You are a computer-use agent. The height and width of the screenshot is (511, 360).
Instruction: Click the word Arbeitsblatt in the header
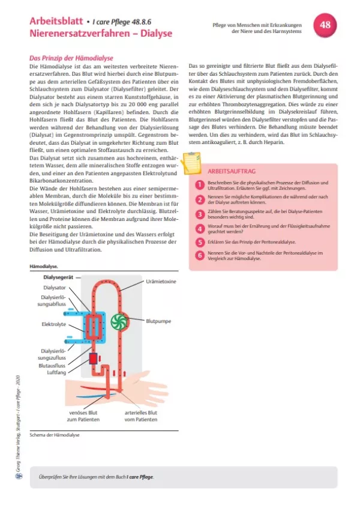click(54, 21)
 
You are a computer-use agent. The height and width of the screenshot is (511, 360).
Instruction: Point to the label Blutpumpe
click(159, 321)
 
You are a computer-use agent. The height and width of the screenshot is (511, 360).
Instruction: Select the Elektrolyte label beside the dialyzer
click(53, 324)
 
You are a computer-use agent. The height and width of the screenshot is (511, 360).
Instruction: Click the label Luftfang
click(56, 372)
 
